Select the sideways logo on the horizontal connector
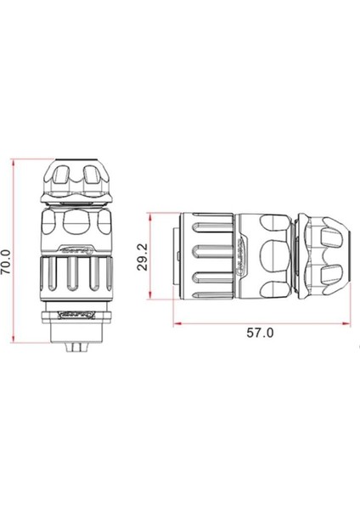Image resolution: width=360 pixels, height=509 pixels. click(x=242, y=256)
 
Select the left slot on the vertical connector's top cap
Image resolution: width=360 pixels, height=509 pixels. click(x=60, y=178)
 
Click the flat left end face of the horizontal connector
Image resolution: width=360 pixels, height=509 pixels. click(x=175, y=256)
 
